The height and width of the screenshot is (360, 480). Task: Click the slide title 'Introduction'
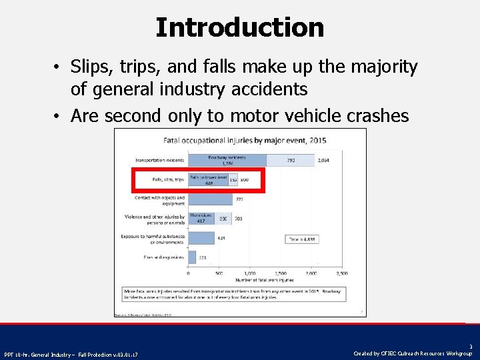[x=240, y=28]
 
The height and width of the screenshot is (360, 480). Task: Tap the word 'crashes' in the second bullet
[x=379, y=116]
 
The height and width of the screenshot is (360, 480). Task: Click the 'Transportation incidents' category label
[x=160, y=160]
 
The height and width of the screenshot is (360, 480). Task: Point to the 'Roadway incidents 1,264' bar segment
[x=227, y=160]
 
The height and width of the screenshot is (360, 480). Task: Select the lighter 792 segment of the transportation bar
[x=290, y=160]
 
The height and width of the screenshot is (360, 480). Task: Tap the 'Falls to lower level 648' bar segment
[x=208, y=180]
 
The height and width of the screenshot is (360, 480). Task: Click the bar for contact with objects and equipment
[x=210, y=199]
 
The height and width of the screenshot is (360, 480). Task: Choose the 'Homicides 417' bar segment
[x=200, y=218]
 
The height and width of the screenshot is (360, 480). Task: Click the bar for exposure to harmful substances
[x=201, y=238]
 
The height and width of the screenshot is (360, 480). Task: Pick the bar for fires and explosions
[x=192, y=257]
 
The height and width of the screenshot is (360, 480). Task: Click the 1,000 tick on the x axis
[x=249, y=273]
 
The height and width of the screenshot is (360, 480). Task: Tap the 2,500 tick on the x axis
[x=341, y=273]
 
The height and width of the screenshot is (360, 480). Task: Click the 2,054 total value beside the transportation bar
[x=322, y=160]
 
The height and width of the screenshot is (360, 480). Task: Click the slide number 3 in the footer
[x=471, y=347]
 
